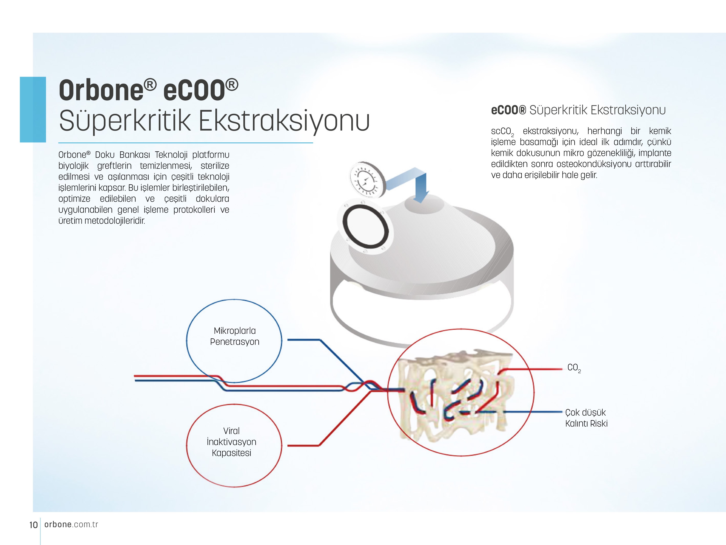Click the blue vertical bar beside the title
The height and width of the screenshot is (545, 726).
pyautogui.click(x=33, y=109)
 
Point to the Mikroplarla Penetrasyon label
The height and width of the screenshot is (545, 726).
pyautogui.click(x=235, y=336)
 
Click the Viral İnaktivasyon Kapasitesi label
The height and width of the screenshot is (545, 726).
pyautogui.click(x=231, y=442)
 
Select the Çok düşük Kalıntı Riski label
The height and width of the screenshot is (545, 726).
pyautogui.click(x=586, y=418)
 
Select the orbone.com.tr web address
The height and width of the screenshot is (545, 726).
pyautogui.click(x=71, y=525)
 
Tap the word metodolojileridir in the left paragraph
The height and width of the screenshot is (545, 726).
pyautogui.click(x=115, y=221)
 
